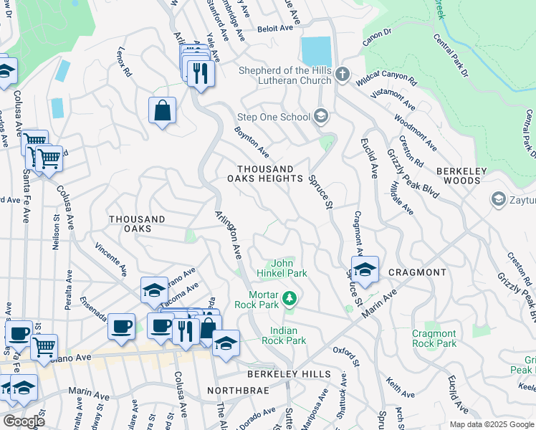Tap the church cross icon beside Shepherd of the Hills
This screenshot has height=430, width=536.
(343, 73)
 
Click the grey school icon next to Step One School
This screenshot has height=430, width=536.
(321, 116)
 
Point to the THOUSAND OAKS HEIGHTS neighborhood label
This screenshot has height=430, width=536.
(260, 173)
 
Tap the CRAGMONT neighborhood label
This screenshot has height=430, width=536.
(417, 272)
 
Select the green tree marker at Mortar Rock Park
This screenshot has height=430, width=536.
(289, 297)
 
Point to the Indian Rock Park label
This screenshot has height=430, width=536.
(288, 335)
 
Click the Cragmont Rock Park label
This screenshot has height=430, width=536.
(434, 338)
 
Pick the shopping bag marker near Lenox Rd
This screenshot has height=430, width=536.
(163, 111)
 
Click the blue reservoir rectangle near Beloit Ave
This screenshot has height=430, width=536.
(316, 51)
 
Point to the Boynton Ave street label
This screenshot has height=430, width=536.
(252, 142)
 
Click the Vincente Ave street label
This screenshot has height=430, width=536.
(110, 261)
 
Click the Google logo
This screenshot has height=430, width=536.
(24, 421)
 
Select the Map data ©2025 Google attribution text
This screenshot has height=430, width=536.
(491, 424)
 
